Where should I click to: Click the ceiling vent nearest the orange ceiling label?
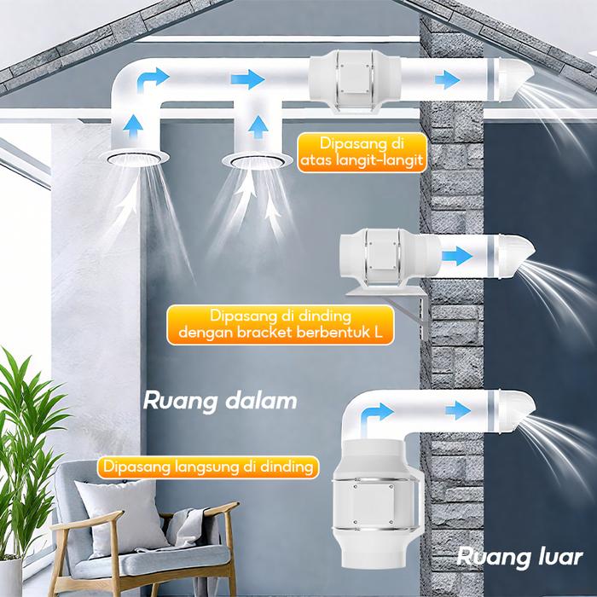tap(252, 160)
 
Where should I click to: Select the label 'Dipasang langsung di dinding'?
tap(207, 467)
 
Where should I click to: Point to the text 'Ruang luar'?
tap(519, 559)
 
